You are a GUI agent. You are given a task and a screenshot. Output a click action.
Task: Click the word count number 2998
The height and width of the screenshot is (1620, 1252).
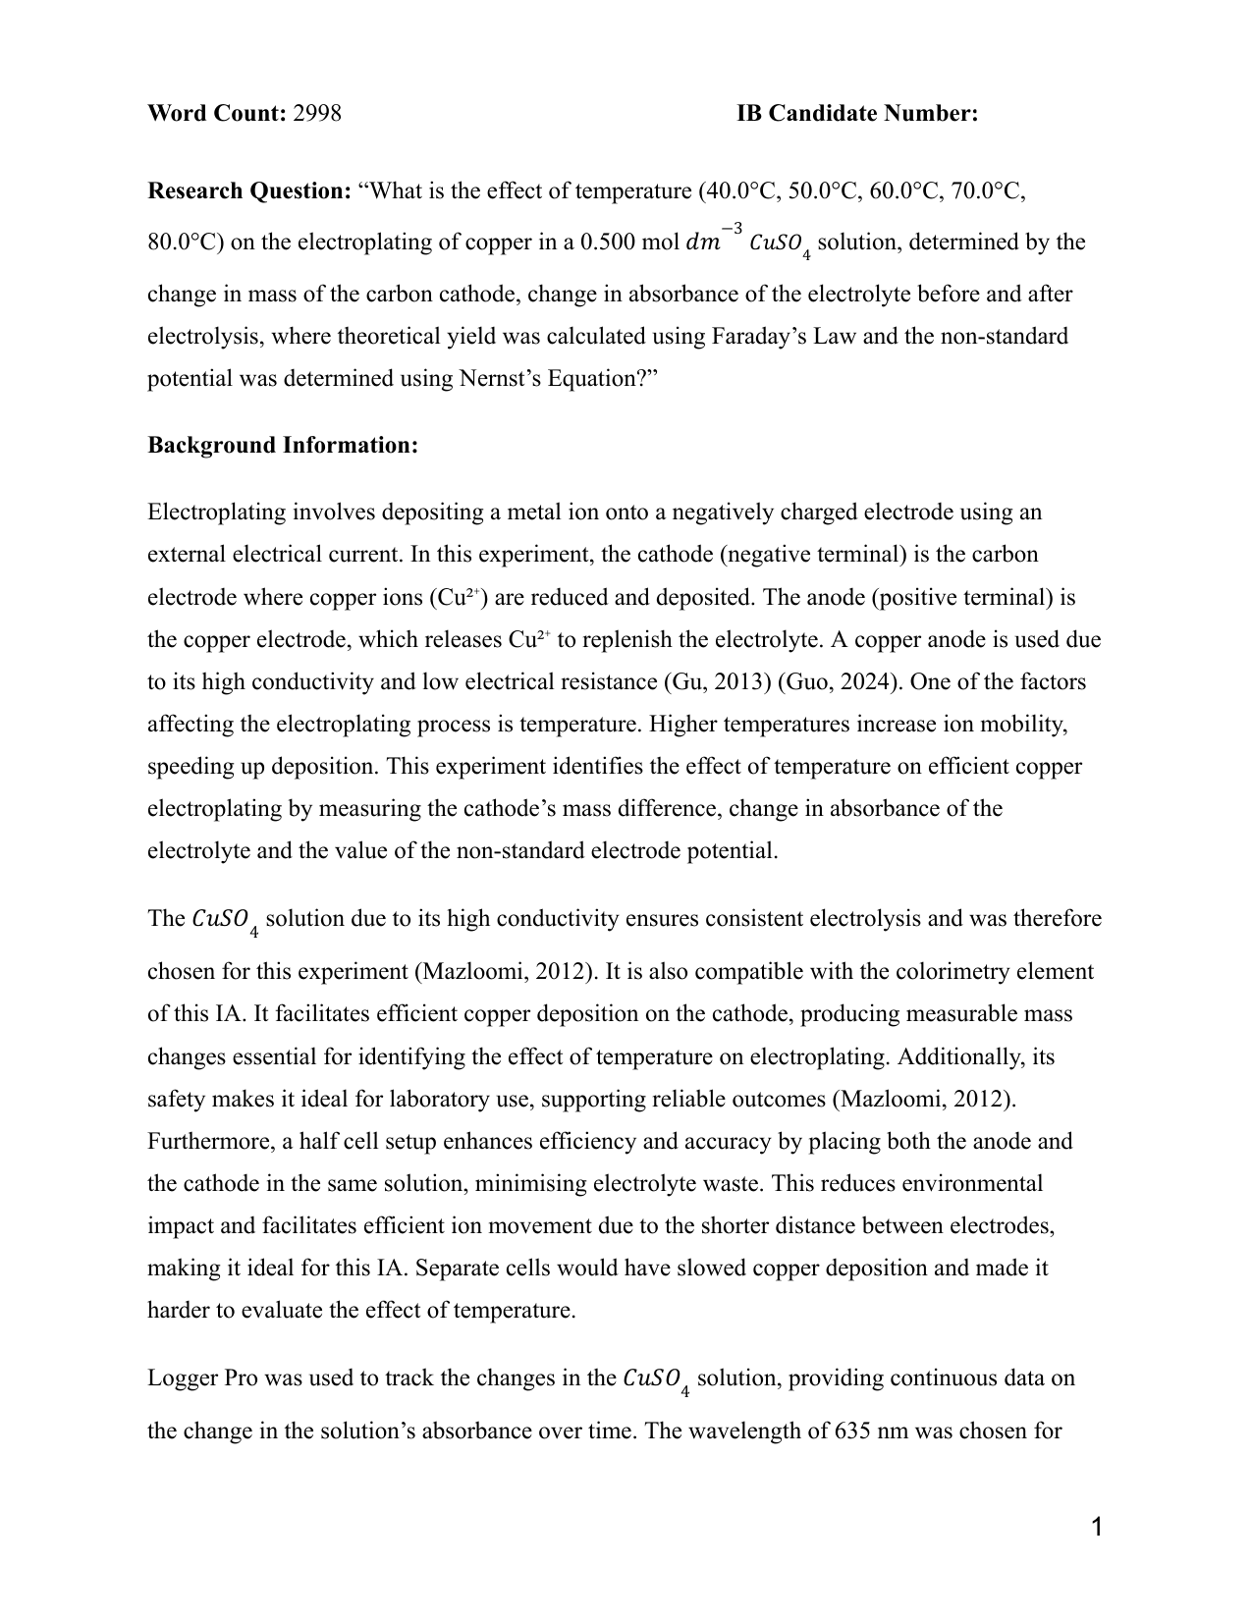[x=317, y=114]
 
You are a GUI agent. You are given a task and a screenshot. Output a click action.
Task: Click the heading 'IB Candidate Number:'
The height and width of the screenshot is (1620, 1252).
[x=856, y=114]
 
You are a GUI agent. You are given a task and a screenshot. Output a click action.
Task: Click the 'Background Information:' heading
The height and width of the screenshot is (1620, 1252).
[x=283, y=446]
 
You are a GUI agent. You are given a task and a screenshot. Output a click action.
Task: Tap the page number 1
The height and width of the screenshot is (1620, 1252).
[x=1097, y=1527]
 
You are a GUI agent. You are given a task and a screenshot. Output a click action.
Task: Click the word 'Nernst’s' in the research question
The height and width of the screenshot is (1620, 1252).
[x=496, y=379]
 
